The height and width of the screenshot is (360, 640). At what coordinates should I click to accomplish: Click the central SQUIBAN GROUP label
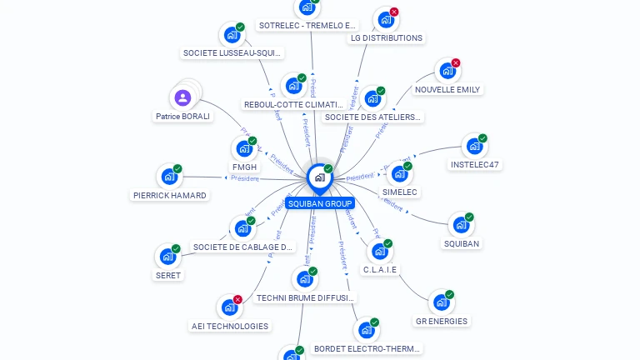(320, 203)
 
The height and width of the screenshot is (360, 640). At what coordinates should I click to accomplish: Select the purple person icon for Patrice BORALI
(183, 97)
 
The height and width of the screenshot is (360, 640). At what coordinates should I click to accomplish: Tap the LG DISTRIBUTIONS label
(386, 38)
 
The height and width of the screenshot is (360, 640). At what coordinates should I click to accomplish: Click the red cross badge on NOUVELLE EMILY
(456, 63)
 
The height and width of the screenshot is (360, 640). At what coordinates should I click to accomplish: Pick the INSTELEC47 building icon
(474, 147)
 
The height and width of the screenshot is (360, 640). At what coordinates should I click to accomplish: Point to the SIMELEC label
(400, 192)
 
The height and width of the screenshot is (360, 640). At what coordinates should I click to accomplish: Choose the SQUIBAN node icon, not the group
(460, 225)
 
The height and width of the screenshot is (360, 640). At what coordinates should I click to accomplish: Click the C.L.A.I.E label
(381, 270)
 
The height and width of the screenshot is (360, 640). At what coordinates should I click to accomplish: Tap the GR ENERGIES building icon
(440, 302)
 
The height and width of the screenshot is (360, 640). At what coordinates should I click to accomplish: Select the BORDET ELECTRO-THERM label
(367, 349)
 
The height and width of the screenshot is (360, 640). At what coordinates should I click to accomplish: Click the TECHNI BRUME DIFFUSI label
(306, 297)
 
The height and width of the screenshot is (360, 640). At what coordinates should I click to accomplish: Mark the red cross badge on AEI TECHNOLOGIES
(238, 299)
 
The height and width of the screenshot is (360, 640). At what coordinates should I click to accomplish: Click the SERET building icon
(167, 257)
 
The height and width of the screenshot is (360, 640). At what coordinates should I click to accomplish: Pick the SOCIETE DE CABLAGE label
(243, 247)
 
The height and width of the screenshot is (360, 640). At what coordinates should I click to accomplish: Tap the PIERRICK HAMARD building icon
(168, 177)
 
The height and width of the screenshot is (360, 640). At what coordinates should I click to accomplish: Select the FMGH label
(244, 167)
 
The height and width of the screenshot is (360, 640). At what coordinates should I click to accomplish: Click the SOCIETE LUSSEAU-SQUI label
(232, 53)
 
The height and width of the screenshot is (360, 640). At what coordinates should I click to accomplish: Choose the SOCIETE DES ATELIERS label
(372, 117)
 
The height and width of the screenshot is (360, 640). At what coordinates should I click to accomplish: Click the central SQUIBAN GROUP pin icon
(319, 177)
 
